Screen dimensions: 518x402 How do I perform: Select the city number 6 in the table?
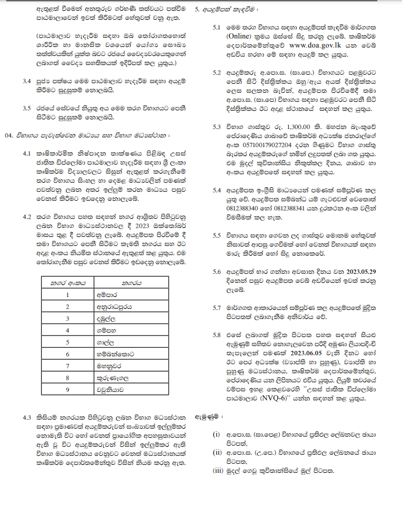[67, 353]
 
